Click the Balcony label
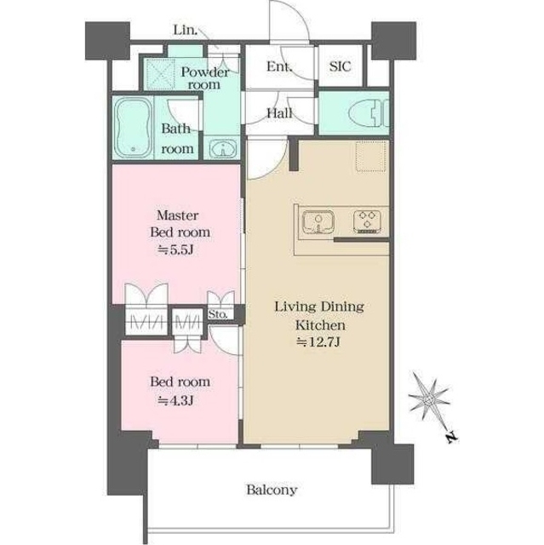click(x=272, y=490)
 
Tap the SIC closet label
click(x=340, y=66)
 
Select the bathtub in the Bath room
click(x=132, y=128)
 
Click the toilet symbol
click(x=369, y=113)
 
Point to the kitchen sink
click(x=318, y=221)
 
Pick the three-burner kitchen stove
click(x=367, y=221)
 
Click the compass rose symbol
click(x=430, y=399)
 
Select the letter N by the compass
click(x=451, y=438)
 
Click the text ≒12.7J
click(x=318, y=342)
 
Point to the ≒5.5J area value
click(x=175, y=250)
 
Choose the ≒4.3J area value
click(x=175, y=401)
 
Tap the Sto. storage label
click(x=218, y=314)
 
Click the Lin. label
click(x=186, y=31)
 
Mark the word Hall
click(x=279, y=113)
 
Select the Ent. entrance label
click(x=279, y=66)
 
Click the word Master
click(x=178, y=215)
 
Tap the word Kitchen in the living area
click(x=320, y=325)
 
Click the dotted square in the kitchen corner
click(x=371, y=156)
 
